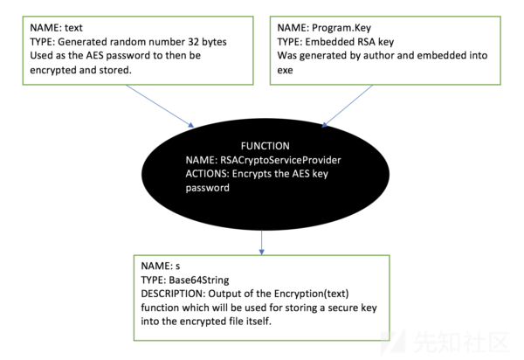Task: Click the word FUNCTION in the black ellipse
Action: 265,146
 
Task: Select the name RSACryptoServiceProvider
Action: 280,161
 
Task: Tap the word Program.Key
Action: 341,28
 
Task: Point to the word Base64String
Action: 199,280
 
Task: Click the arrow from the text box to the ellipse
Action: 160,106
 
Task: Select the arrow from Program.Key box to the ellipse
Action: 347,106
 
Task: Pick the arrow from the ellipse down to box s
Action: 262,242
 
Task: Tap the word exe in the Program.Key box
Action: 285,70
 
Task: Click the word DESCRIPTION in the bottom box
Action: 173,294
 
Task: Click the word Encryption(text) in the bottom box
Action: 311,294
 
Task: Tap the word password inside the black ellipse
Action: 208,188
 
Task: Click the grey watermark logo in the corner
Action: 394,341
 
